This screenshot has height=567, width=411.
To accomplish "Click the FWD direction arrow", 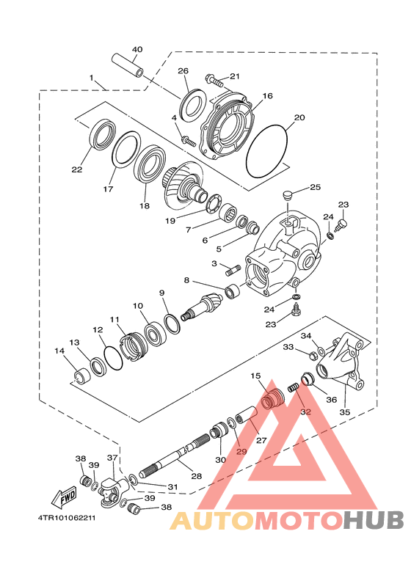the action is [x=65, y=496].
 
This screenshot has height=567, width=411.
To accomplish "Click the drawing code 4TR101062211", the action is [x=67, y=518].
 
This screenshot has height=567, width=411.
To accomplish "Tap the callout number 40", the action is [x=137, y=50].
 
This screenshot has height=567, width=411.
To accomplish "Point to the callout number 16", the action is [x=267, y=96].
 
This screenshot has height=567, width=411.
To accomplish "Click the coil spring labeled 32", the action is [x=293, y=388].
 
